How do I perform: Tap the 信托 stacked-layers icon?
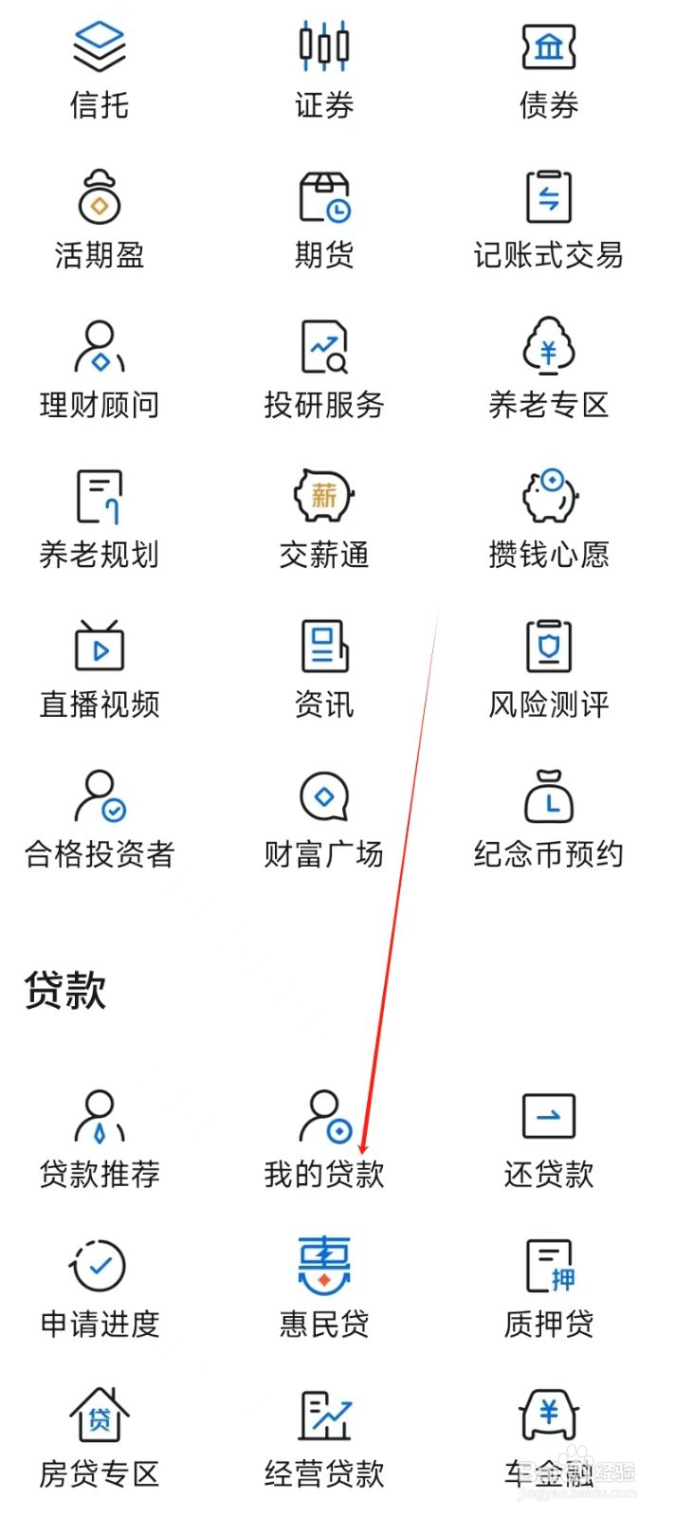99,46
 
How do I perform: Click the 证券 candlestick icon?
323,46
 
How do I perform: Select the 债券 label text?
548,105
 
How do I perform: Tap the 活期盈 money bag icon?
99,196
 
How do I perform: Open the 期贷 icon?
324,196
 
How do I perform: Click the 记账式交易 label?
548,255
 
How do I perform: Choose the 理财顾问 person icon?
99,346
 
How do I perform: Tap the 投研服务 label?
323,405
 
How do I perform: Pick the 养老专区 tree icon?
548,346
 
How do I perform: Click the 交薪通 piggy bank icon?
323,495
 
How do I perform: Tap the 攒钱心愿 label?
548,555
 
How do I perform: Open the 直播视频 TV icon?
99,645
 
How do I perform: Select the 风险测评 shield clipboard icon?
548,645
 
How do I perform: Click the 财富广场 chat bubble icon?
323,795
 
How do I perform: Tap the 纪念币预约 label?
548,854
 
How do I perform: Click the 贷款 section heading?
64,990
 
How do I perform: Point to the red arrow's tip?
362,1154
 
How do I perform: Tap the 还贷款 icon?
548,1116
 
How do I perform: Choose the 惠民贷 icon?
323,1265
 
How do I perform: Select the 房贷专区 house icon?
99,1415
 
